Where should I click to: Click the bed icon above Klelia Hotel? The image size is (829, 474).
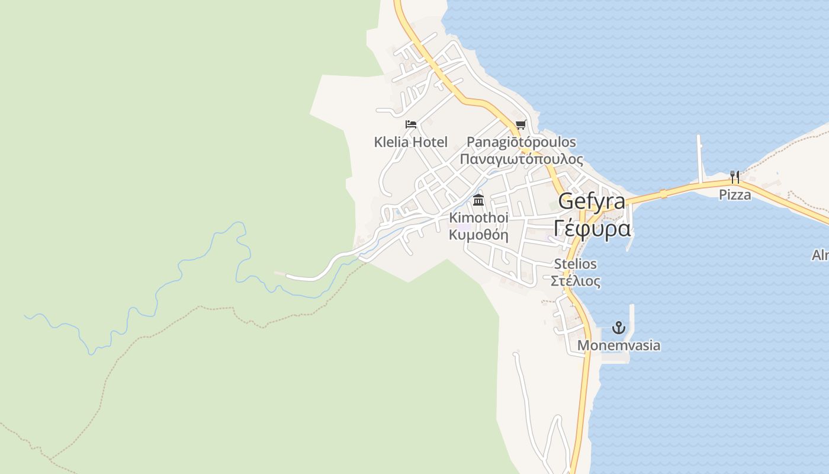(411, 124)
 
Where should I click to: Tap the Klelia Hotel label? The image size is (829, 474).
(411, 142)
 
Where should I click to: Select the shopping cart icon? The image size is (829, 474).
(520, 124)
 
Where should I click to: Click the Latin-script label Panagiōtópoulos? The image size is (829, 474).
(521, 142)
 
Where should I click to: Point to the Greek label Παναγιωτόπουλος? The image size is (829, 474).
(521, 159)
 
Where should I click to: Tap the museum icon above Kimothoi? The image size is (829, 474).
(478, 200)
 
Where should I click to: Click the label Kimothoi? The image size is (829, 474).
(478, 218)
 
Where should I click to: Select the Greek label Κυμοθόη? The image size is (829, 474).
(478, 234)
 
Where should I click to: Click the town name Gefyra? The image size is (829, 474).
(592, 201)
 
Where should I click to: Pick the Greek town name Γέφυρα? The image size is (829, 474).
(592, 228)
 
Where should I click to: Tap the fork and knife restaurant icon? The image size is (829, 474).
(735, 177)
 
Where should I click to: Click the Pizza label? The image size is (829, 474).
(735, 195)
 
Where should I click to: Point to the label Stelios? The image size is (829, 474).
(575, 264)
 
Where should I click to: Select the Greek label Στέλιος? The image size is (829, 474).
(575, 281)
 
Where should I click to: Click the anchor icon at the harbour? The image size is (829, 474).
(619, 328)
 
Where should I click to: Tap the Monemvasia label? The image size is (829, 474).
(619, 345)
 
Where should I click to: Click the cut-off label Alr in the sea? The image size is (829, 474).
(820, 255)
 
